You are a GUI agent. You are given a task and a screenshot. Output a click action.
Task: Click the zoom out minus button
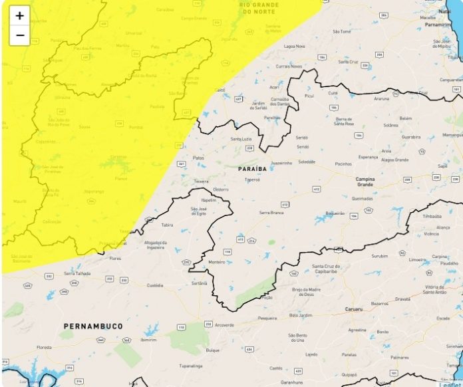click(19, 35)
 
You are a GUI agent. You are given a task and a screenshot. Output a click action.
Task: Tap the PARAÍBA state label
click(252, 170)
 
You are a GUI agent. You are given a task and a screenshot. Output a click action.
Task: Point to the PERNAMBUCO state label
click(93, 326)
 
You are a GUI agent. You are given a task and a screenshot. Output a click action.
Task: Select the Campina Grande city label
click(365, 182)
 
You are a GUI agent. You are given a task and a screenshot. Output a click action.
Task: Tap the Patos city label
click(198, 158)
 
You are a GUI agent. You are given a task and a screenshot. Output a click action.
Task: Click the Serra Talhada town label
click(77, 273)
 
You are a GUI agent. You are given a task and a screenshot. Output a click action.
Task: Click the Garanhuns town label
click(291, 382)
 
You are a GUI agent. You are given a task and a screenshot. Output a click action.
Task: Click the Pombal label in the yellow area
click(136, 126)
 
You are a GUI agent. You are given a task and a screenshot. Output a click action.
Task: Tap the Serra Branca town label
click(271, 212)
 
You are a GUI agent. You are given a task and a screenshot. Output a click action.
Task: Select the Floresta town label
click(44, 347)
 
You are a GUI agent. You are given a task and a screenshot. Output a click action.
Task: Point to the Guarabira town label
click(411, 137)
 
